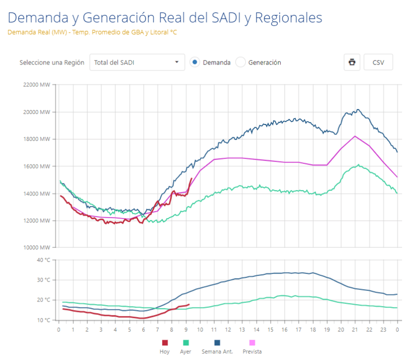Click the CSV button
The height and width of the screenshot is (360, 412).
click(378, 62)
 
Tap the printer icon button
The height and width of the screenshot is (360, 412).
click(352, 62)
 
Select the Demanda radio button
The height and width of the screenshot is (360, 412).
click(195, 62)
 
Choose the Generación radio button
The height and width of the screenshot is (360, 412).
click(240, 62)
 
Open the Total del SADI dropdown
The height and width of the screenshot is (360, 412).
click(137, 62)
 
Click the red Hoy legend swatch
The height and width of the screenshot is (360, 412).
click(165, 342)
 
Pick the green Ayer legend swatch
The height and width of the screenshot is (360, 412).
click(186, 342)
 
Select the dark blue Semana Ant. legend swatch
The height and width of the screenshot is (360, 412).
click(217, 342)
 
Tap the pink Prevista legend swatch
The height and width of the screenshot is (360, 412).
click(252, 342)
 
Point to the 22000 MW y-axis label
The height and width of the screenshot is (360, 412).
click(36, 84)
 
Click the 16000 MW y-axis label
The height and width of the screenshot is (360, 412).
click(36, 166)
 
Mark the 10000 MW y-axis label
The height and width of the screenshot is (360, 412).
click(36, 247)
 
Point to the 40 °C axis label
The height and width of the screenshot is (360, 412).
click(43, 260)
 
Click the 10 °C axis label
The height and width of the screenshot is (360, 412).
click(43, 320)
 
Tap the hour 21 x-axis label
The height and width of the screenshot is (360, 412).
click(355, 329)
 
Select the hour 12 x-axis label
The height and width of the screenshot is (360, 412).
click(228, 329)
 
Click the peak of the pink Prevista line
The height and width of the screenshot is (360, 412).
click(355, 136)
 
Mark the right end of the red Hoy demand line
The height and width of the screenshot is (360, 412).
click(192, 178)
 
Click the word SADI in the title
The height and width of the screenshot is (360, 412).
click(226, 17)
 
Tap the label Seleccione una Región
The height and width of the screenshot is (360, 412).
click(52, 62)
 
